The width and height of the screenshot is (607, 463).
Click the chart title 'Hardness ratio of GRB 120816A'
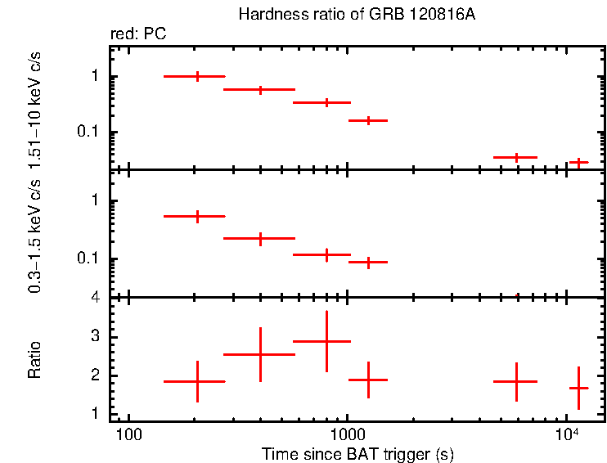click(356, 15)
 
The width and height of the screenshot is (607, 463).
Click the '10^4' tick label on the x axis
click(567, 432)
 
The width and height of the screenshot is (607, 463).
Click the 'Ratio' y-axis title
click(34, 360)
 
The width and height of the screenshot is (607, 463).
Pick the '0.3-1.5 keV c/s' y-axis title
click(34, 236)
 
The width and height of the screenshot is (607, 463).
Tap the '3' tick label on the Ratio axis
click(95, 337)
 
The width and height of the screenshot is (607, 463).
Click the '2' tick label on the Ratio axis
click(95, 376)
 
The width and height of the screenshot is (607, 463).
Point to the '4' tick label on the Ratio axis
click(95, 298)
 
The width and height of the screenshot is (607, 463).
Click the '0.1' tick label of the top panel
click(88, 133)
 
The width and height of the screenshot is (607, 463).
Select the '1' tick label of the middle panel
click(95, 200)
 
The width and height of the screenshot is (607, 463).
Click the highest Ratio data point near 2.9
click(326, 341)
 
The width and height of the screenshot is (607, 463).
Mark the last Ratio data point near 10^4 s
click(579, 388)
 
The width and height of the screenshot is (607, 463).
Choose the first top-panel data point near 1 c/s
click(197, 76)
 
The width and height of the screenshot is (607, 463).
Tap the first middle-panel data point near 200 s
click(197, 216)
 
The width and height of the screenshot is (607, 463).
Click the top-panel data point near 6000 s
click(516, 157)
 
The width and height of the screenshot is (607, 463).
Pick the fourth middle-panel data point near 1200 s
click(368, 262)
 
